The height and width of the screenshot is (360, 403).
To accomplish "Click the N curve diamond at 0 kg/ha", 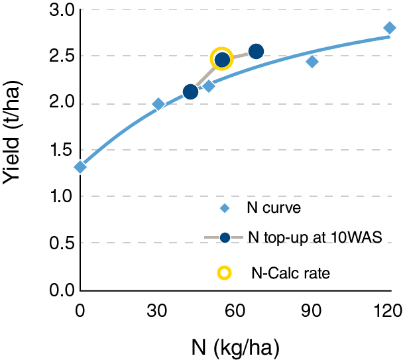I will pyautogui.click(x=80, y=167).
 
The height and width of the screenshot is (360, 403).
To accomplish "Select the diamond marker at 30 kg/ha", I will pyautogui.click(x=158, y=104).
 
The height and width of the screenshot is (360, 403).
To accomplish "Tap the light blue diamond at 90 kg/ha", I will pyautogui.click(x=312, y=62).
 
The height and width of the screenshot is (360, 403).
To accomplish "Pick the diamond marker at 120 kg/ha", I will pyautogui.click(x=390, y=28).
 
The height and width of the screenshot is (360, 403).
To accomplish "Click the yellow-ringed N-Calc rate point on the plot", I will pyautogui.click(x=221, y=59).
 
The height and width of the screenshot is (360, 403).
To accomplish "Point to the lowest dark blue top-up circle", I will pyautogui.click(x=190, y=92).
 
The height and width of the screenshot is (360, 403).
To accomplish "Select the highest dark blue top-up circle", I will pyautogui.click(x=256, y=51).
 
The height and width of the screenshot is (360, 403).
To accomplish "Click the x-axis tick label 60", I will pyautogui.click(x=235, y=308).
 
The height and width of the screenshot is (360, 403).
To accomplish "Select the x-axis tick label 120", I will pyautogui.click(x=388, y=308).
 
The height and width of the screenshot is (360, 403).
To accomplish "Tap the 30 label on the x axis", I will pyautogui.click(x=158, y=308).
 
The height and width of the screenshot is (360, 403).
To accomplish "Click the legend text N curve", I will pyautogui.click(x=274, y=208).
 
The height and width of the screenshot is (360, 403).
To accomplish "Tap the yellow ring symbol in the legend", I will pyautogui.click(x=225, y=272).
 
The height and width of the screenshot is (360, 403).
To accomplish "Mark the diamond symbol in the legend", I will pyautogui.click(x=225, y=208).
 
